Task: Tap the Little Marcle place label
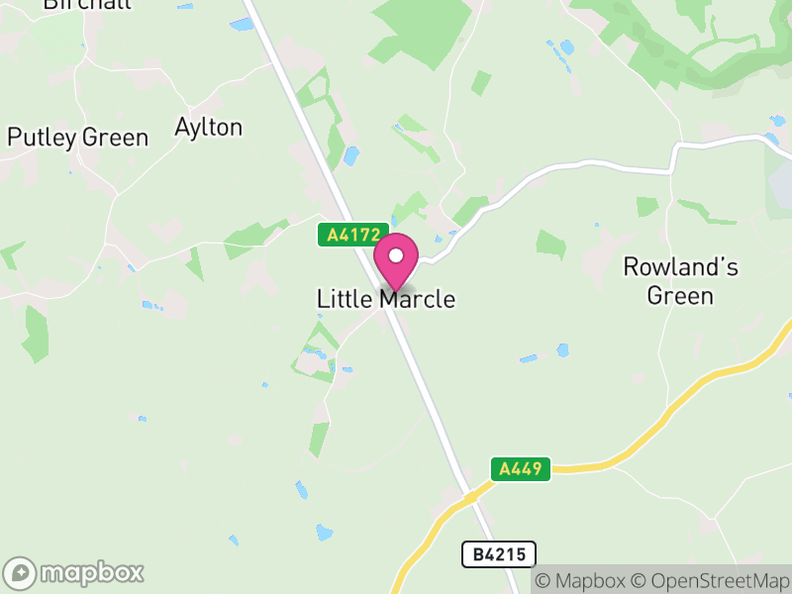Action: click(x=386, y=299)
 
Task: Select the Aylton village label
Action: click(x=208, y=128)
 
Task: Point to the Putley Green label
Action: click(x=78, y=138)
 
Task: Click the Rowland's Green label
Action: click(x=680, y=281)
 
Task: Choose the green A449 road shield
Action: click(x=521, y=468)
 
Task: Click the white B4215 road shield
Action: click(x=499, y=554)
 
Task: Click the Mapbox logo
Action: click(x=74, y=572)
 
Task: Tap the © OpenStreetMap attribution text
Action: click(x=711, y=580)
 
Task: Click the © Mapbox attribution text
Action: click(x=582, y=580)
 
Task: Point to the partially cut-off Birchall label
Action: click(x=74, y=5)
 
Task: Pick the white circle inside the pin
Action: click(x=396, y=255)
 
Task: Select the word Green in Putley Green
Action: click(x=115, y=138)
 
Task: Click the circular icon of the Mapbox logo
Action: click(x=21, y=573)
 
